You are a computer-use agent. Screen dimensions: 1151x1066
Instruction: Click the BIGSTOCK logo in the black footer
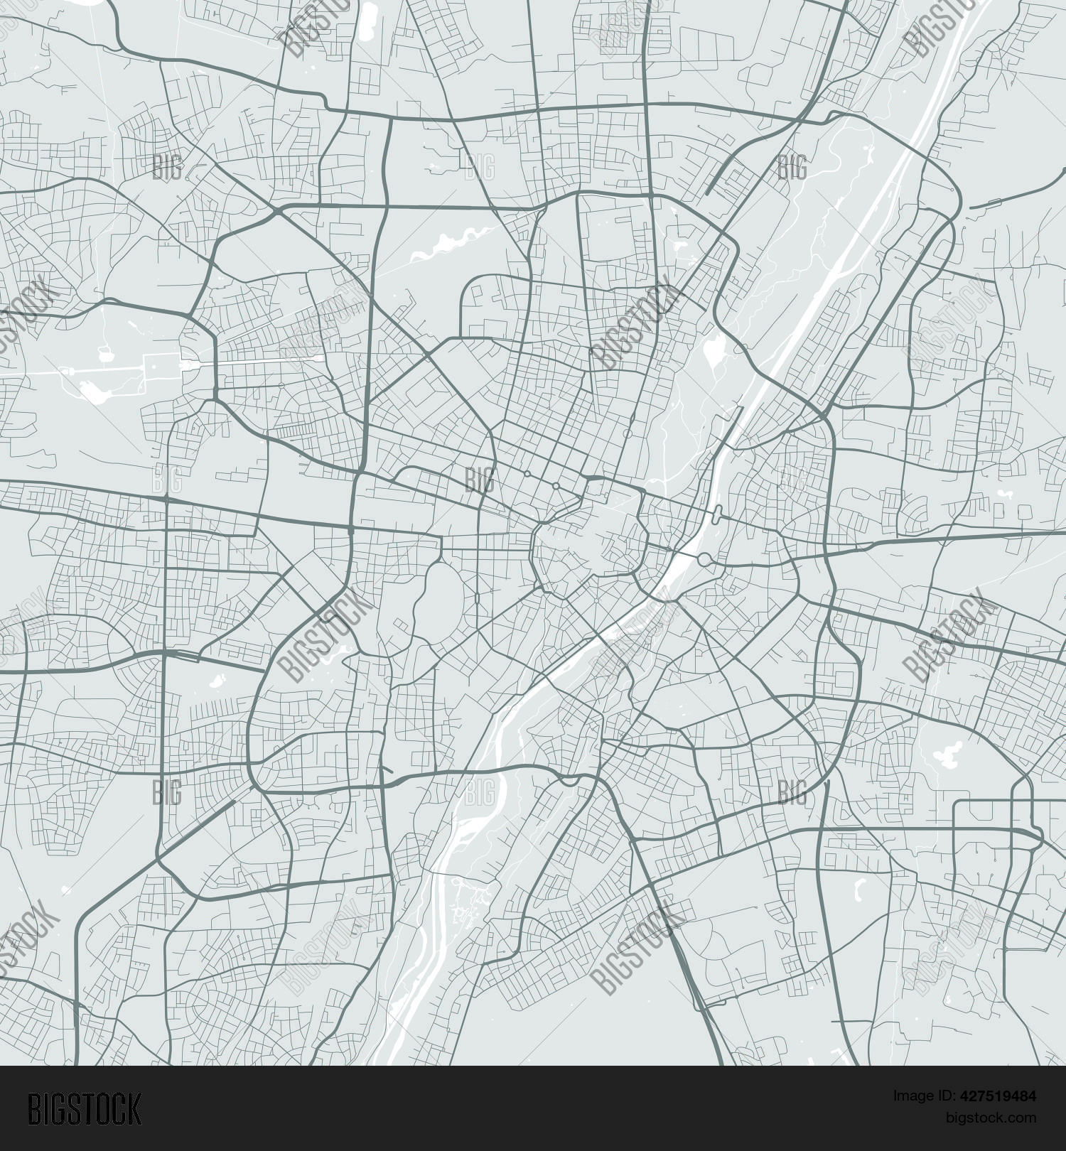pyautogui.click(x=85, y=1108)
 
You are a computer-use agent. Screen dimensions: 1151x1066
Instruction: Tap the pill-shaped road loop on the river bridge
pyautogui.click(x=717, y=514)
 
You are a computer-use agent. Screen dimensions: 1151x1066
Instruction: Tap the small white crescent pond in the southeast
pyautogui.click(x=858, y=887)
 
